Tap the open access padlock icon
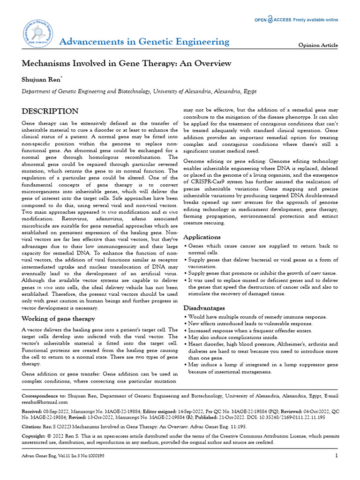pos(270,20)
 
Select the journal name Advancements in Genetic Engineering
pos(144,42)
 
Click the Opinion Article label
pos(318,45)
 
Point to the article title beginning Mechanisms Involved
pos(127,63)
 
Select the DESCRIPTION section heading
pos(50,112)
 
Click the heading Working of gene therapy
pos(59,319)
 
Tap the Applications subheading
pos(202,237)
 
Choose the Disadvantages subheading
pos(204,308)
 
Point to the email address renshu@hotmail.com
pos(45,402)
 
